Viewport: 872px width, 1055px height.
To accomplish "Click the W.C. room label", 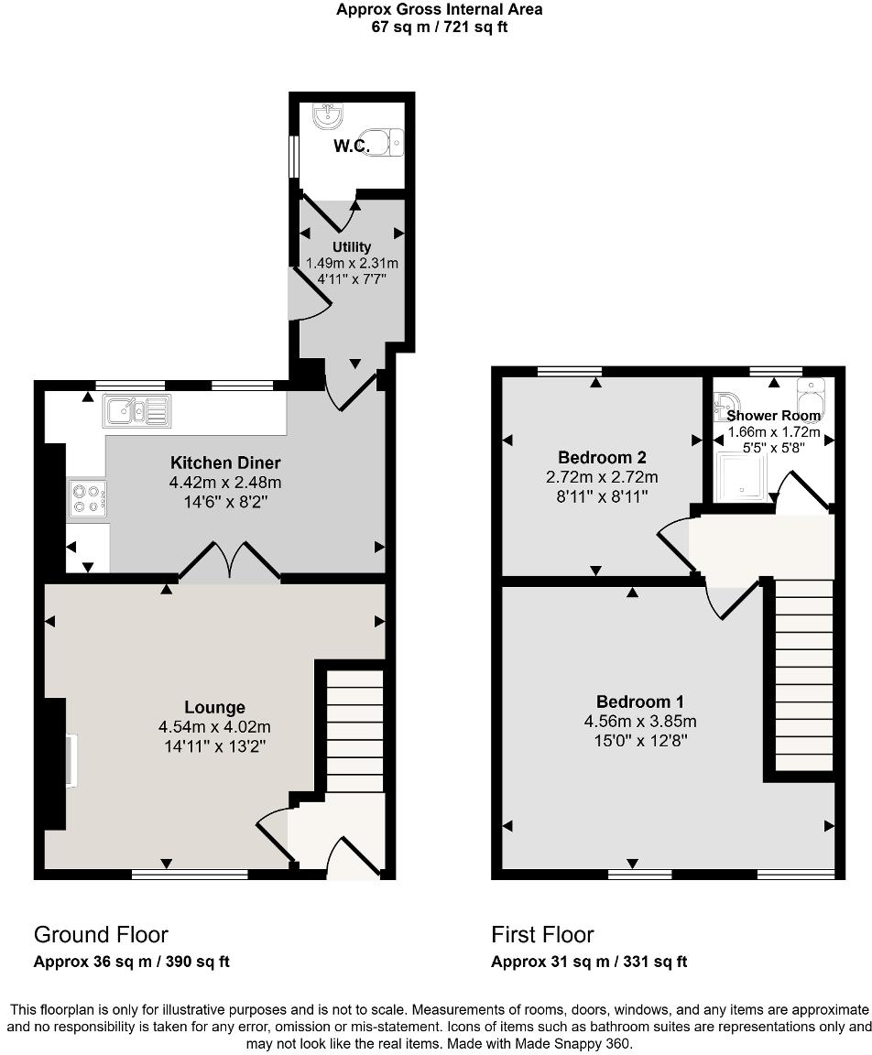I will (352, 146).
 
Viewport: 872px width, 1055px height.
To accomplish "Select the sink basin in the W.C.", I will (327, 114).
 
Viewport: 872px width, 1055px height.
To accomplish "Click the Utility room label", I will (352, 247).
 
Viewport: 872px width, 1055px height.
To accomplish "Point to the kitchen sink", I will (136, 411).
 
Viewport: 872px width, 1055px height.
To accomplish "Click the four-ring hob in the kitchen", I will (87, 498).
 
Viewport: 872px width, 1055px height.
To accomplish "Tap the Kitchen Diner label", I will (224, 462).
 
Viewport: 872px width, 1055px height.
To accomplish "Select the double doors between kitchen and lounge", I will (229, 561).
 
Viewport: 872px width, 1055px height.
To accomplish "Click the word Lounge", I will (214, 707).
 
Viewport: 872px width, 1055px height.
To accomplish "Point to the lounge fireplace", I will (70, 759).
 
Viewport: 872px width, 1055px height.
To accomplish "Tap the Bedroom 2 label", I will (596, 458).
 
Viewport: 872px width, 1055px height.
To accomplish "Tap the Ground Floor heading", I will (101, 935).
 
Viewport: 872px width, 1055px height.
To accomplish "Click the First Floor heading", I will (542, 935).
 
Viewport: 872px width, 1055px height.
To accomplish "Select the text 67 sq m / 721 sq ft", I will (439, 27).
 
